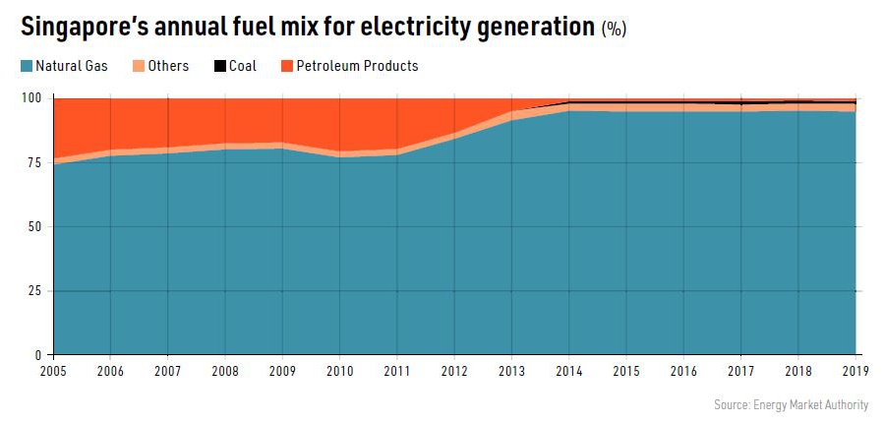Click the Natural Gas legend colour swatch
click(26, 67)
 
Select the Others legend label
click(167, 67)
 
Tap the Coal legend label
click(242, 67)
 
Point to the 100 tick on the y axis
click(32, 98)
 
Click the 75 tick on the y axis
click(35, 163)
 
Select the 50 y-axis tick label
click(35, 227)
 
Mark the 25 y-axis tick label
click(35, 291)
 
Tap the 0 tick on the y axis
click(39, 355)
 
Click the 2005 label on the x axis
click(54, 372)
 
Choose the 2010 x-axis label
click(339, 372)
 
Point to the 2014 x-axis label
click(568, 372)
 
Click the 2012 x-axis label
click(454, 372)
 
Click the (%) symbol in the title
click(614, 30)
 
